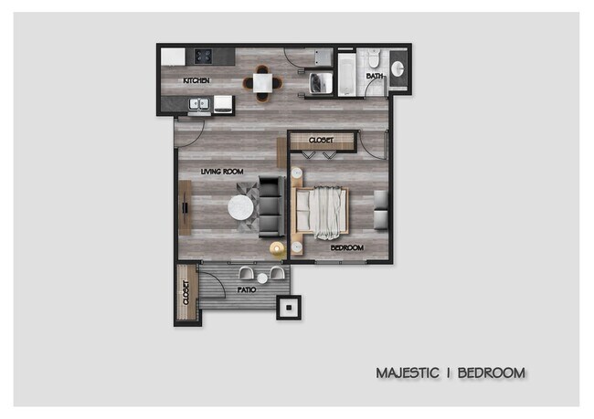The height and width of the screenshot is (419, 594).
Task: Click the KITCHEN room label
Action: pos(196,81)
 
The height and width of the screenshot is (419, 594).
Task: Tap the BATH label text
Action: pos(375,77)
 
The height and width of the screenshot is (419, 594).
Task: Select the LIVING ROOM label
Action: pos(221,171)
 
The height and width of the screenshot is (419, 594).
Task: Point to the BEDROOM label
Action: pos(347,247)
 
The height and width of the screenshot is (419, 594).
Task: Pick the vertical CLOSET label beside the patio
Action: pos(186,293)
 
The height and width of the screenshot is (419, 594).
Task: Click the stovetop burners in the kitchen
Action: pos(201,57)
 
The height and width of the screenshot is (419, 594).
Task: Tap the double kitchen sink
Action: pos(199,104)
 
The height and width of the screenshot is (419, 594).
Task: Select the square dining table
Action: pos(262,82)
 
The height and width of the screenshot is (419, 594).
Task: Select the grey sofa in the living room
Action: pos(271,204)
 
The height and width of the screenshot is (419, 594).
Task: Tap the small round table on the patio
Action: pos(261,277)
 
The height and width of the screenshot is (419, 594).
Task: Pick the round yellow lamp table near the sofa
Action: pos(276,247)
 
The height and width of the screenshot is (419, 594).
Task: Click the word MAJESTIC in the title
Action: pos(408,372)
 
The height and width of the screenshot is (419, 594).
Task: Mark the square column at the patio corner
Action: pos(289,307)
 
